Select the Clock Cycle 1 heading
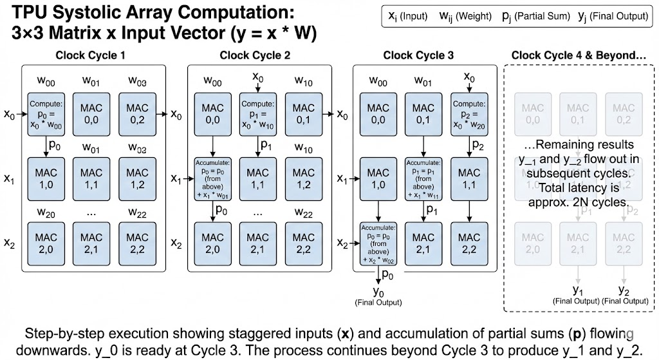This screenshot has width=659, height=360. (90, 55)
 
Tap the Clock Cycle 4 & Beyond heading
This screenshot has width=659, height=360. (579, 55)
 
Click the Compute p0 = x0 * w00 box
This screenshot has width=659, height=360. (46, 112)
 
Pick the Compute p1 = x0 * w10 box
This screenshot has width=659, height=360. (257, 112)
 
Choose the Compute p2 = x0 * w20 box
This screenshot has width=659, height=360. (469, 112)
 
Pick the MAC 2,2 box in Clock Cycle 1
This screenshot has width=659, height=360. (137, 242)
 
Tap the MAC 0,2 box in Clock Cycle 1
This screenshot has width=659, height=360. (137, 112)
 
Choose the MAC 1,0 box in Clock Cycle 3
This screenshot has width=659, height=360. (378, 178)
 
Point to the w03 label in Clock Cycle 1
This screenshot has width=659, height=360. (137, 81)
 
